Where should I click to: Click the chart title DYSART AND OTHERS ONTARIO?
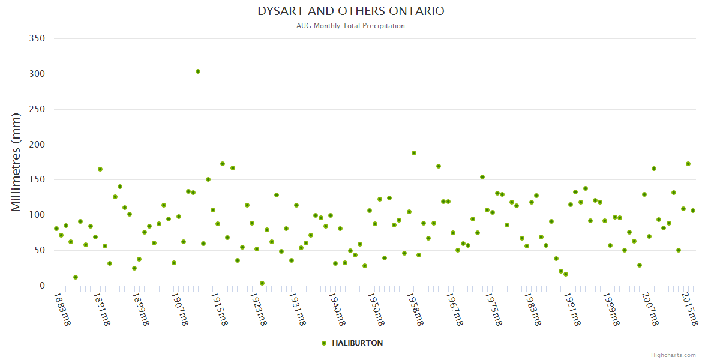click(x=351, y=11)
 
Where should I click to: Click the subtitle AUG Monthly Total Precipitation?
click(x=351, y=26)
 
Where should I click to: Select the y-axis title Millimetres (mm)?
click(x=16, y=162)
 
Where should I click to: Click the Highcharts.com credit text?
click(x=673, y=355)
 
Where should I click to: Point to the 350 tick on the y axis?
click(x=37, y=38)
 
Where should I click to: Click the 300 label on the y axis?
click(x=37, y=74)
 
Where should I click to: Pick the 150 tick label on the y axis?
click(x=37, y=180)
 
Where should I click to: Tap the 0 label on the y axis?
click(x=42, y=286)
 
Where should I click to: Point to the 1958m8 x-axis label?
click(x=415, y=309)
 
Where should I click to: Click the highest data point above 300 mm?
click(x=198, y=71)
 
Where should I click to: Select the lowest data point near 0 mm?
click(x=262, y=283)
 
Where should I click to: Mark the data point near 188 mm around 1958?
click(x=414, y=153)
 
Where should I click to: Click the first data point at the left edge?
click(x=56, y=229)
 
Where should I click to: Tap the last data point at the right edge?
click(x=693, y=211)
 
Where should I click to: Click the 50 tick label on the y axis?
click(x=40, y=251)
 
